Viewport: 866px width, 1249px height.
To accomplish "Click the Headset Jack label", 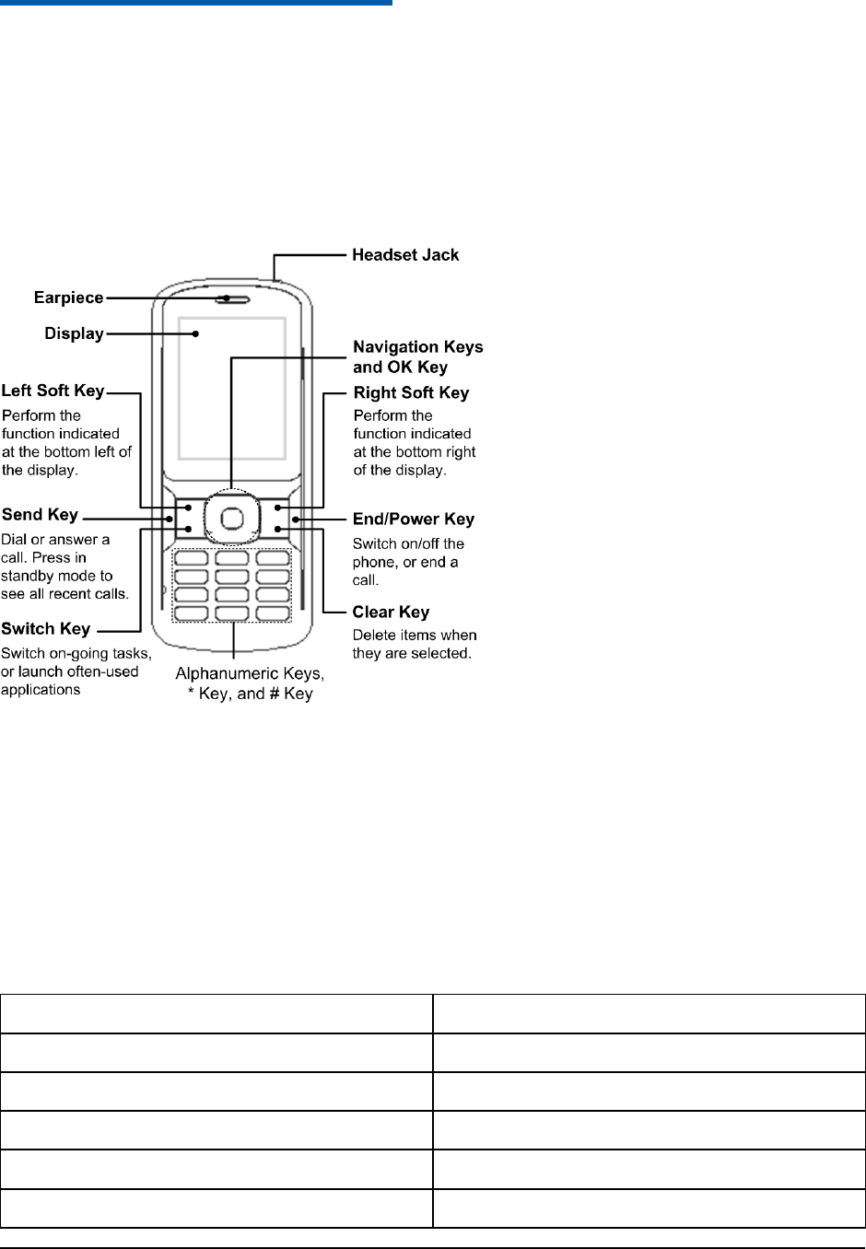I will [405, 254].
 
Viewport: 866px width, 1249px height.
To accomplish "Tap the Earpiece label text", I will [68, 298].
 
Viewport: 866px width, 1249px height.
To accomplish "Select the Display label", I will [74, 333].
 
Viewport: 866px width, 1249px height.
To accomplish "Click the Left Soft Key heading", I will [53, 391].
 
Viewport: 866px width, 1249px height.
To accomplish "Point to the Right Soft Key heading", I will [411, 393].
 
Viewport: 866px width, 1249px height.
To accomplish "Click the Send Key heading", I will [41, 514].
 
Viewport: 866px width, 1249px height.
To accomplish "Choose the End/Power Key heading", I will [414, 519].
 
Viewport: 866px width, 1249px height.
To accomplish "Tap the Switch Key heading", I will [46, 629].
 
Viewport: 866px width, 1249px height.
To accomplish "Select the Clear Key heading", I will [391, 613].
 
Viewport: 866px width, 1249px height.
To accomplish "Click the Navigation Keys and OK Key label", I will [417, 356].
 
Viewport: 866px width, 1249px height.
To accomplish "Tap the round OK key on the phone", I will [233, 519].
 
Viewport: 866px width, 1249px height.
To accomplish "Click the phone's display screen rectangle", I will [232, 387].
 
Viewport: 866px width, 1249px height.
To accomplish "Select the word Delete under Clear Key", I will [374, 635].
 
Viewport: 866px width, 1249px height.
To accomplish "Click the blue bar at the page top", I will [196, 3].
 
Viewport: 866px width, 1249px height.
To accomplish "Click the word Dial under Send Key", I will [16, 539].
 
